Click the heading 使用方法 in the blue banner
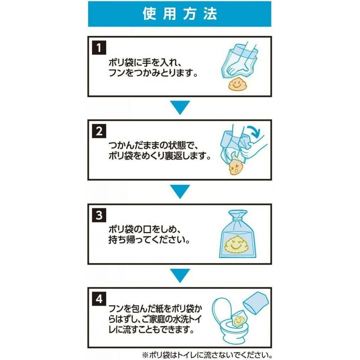tap(180, 14)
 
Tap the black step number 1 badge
tap(99, 48)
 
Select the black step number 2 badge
tap(99, 131)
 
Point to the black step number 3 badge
tap(99, 215)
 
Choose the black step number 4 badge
tap(99, 299)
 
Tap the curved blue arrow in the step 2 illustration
tap(253, 131)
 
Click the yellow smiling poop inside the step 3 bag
tap(236, 244)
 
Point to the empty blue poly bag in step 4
tap(256, 303)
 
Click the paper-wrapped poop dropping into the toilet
tap(239, 318)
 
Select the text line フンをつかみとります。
tap(153, 73)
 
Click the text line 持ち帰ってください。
tap(149, 240)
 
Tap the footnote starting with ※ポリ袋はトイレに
tap(207, 355)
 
